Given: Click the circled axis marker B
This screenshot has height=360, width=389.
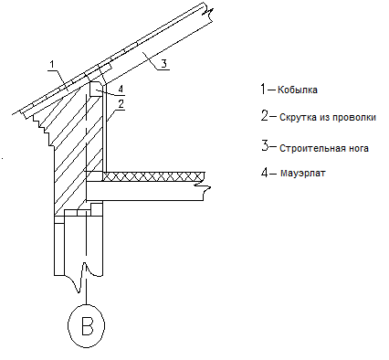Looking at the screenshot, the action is click(x=86, y=325).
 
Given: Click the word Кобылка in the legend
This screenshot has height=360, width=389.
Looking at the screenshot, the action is click(x=298, y=90).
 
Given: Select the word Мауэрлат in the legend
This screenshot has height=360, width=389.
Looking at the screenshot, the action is click(x=302, y=173).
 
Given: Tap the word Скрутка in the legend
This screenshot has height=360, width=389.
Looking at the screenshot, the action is click(x=298, y=117).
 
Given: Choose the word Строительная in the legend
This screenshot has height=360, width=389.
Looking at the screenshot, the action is click(x=313, y=148).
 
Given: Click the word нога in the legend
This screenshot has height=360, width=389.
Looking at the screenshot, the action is click(x=359, y=149).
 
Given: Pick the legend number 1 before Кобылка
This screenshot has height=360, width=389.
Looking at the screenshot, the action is click(x=263, y=89).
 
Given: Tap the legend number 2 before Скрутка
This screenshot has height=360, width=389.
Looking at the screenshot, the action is click(x=265, y=116).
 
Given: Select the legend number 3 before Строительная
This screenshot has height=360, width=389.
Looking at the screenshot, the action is click(x=265, y=145).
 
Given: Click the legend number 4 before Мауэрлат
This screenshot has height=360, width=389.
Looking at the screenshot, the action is click(x=265, y=172).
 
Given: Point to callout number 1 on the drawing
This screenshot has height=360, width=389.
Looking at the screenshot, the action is click(x=52, y=65).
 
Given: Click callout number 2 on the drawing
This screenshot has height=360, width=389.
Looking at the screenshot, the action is click(x=121, y=104).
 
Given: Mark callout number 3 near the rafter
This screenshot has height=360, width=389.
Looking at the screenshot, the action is click(x=163, y=64).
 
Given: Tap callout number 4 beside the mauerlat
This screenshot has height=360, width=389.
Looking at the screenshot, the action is click(x=121, y=89).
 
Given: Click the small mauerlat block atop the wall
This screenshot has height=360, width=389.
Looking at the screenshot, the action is click(x=96, y=90).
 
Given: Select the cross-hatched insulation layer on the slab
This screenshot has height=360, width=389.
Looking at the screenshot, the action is click(x=153, y=176).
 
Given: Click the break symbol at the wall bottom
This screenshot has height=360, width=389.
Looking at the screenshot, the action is click(x=80, y=278).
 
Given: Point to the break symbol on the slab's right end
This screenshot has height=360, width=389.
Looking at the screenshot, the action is click(x=204, y=191).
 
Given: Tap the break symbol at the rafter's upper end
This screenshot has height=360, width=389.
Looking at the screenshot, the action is click(x=208, y=13).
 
